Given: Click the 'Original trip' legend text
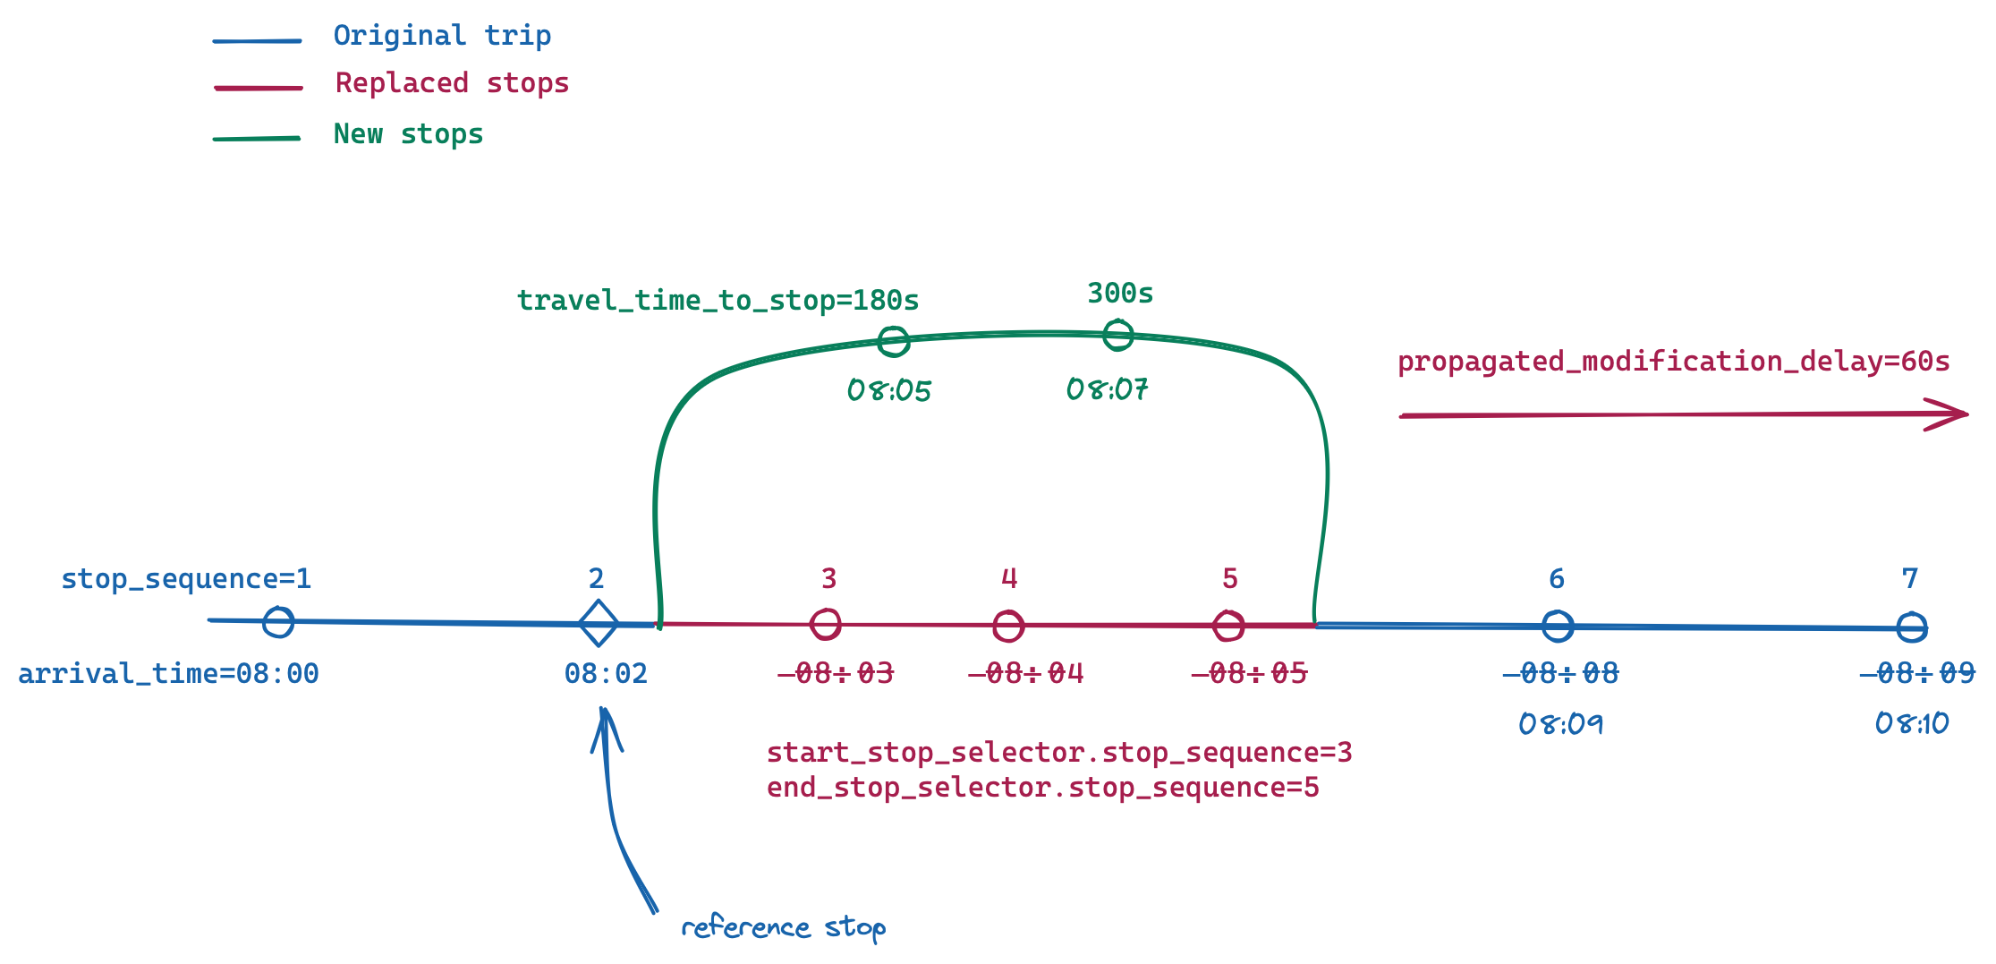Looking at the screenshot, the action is pyautogui.click(x=442, y=36).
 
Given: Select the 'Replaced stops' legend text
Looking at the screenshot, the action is pyautogui.click(x=452, y=83).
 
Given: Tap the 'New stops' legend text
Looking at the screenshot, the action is pyautogui.click(x=408, y=134).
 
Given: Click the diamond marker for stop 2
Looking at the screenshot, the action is pyautogui.click(x=598, y=623).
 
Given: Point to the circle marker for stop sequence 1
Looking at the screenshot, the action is pyautogui.click(x=278, y=621).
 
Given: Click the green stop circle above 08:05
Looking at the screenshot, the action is pyautogui.click(x=893, y=341).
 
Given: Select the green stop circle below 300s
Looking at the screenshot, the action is pyautogui.click(x=1117, y=336).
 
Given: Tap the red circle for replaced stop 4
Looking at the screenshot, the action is pyautogui.click(x=1008, y=626).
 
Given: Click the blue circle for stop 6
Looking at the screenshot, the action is pyautogui.click(x=1558, y=626).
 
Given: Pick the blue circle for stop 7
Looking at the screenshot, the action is pyautogui.click(x=1912, y=627).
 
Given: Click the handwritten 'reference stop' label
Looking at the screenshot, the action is pyautogui.click(x=784, y=927).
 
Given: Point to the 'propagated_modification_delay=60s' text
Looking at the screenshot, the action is pyautogui.click(x=1673, y=362).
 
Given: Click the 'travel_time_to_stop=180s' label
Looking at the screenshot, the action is pyautogui.click(x=718, y=301).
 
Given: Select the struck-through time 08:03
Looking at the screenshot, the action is pyautogui.click(x=837, y=673).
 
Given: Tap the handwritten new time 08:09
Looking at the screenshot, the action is pyautogui.click(x=1561, y=723).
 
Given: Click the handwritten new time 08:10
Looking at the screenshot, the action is pyautogui.click(x=1912, y=723).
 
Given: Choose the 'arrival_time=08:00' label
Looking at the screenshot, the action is pyautogui.click(x=168, y=674).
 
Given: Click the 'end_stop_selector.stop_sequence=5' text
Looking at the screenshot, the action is pyautogui.click(x=1042, y=788).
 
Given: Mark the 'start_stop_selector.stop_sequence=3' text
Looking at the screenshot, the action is pyautogui.click(x=1059, y=753).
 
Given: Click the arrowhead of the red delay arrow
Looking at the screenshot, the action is pyautogui.click(x=1955, y=414).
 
